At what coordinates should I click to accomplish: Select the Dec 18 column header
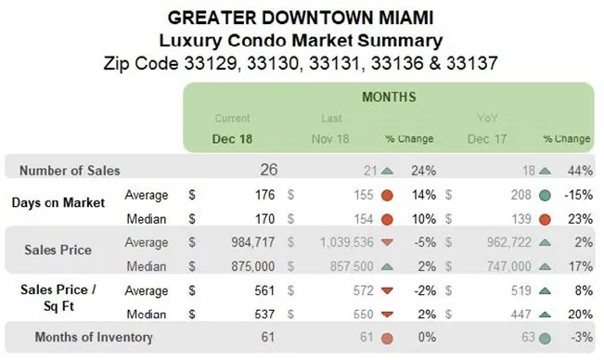[x=232, y=138]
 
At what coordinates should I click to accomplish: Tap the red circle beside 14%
[x=386, y=196]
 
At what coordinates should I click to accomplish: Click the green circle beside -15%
[x=544, y=196]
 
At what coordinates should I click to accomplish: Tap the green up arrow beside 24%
[x=386, y=171]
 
